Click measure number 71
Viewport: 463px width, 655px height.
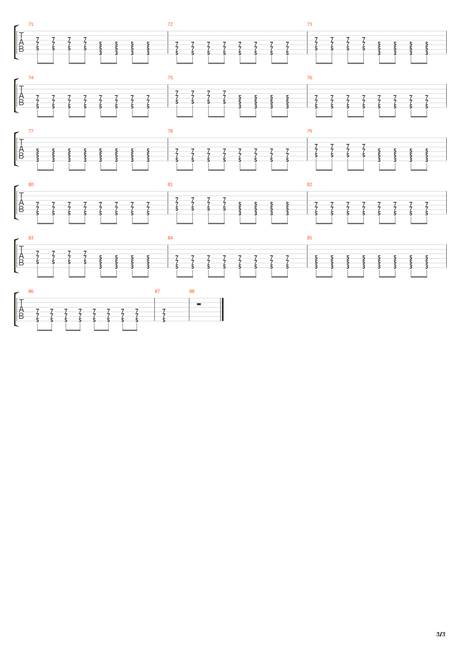click(31, 24)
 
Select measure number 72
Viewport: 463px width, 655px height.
click(170, 24)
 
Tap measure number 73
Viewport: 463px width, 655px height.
click(310, 24)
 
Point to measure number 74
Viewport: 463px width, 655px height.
click(31, 78)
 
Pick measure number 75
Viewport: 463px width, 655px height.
click(170, 78)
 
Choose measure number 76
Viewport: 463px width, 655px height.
click(310, 78)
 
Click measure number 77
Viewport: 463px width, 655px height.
click(31, 131)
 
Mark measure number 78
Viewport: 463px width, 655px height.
click(170, 131)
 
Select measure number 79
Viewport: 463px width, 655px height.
click(310, 131)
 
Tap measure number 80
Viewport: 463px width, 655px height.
click(31, 184)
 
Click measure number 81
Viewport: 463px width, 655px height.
click(170, 184)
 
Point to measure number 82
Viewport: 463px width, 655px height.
click(310, 184)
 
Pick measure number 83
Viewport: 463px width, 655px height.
click(31, 238)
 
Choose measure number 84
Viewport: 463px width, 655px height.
click(170, 238)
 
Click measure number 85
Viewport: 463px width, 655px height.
click(310, 238)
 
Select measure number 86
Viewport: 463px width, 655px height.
click(31, 291)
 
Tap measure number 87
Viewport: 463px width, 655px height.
click(157, 291)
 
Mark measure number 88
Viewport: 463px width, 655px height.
click(192, 291)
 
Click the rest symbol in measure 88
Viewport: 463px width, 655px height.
click(199, 304)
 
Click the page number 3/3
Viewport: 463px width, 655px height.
click(440, 634)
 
